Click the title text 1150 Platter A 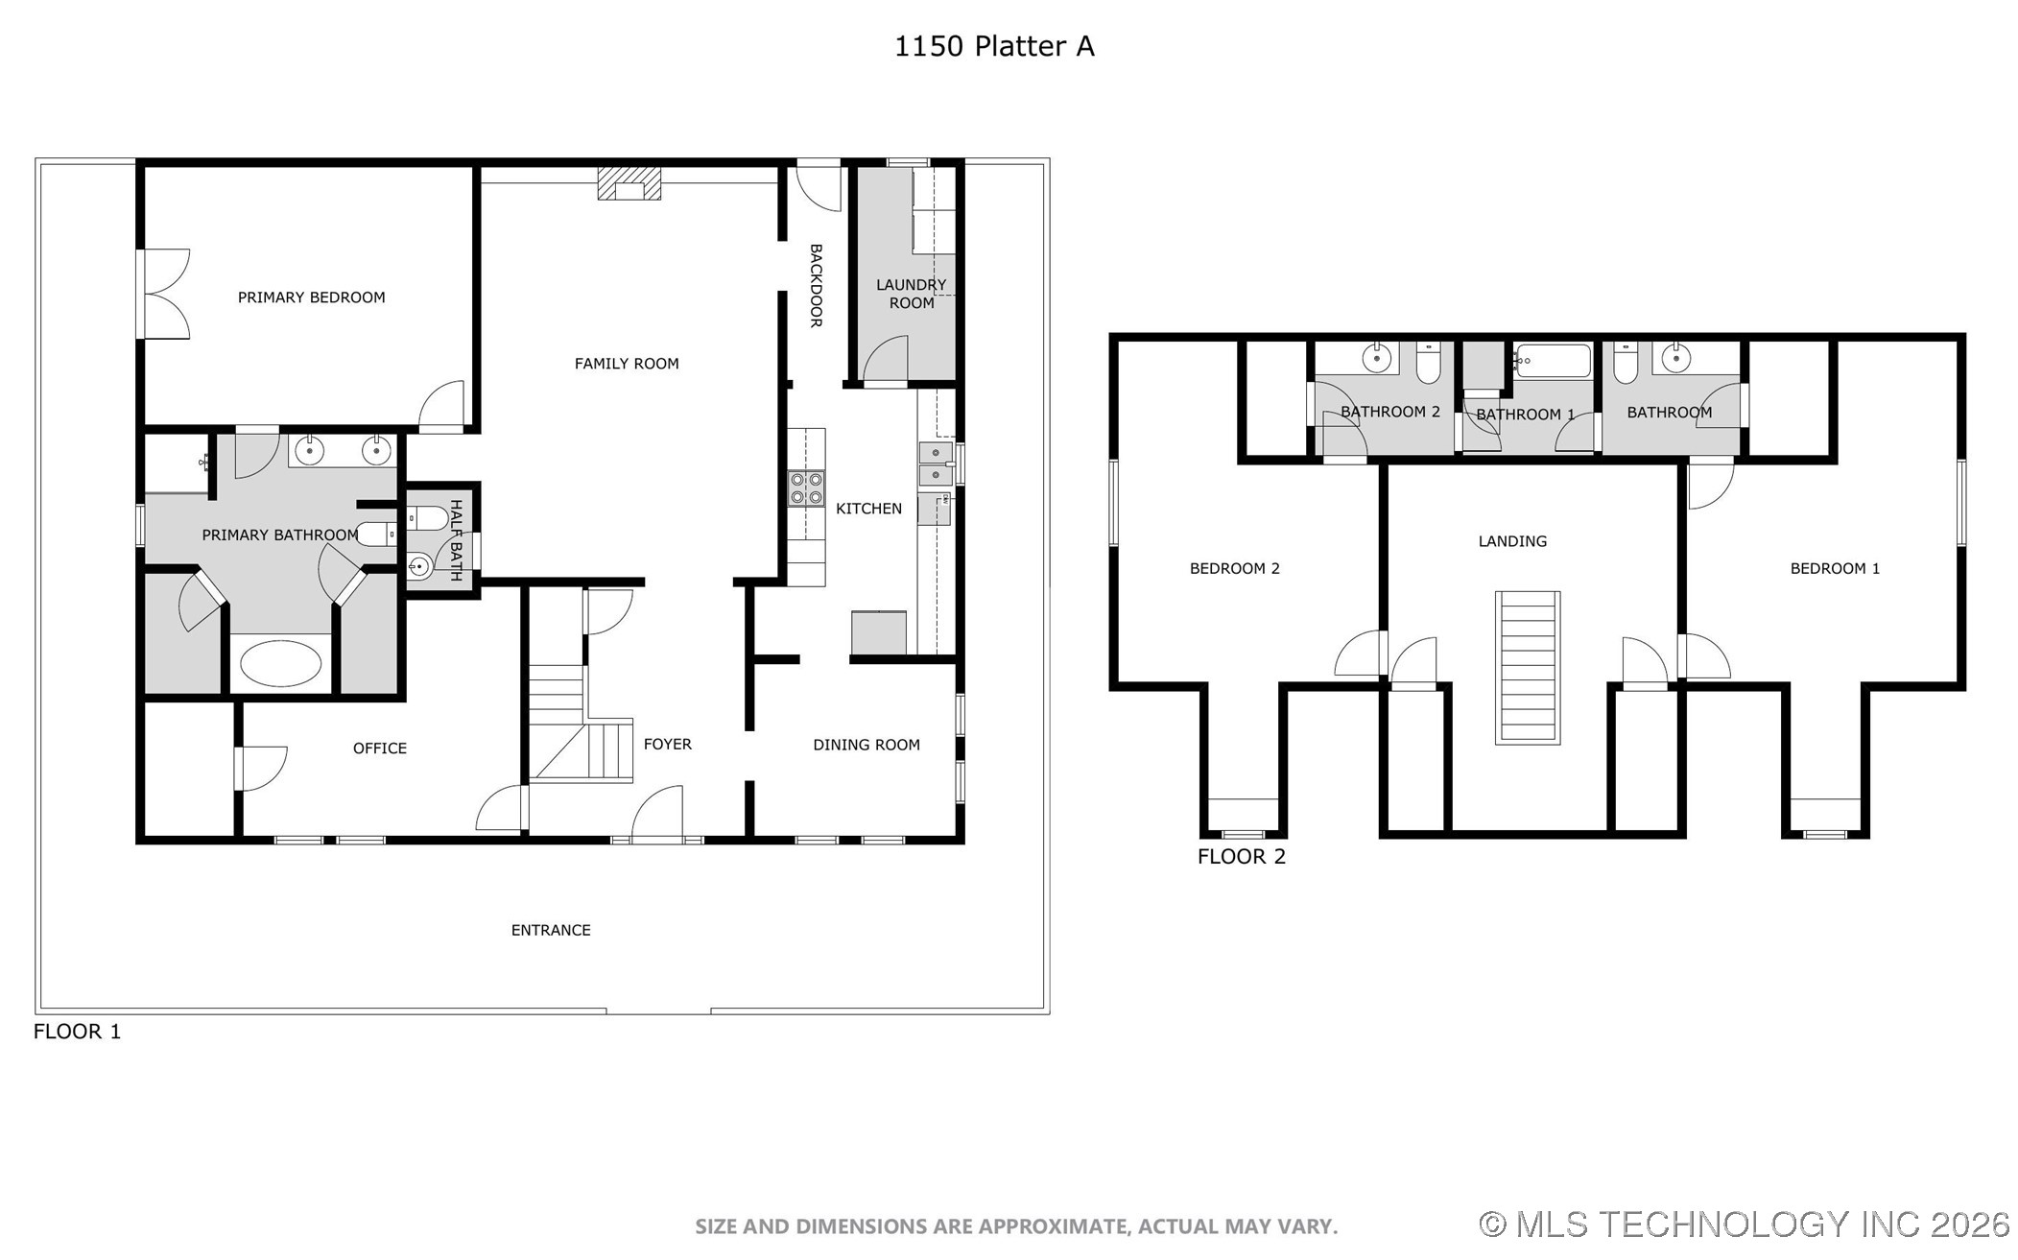[993, 46]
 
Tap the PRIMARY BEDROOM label [311, 297]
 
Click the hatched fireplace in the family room [629, 183]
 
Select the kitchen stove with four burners [805, 488]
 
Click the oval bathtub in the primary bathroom [280, 663]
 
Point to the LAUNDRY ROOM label [911, 294]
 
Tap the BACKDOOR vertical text [816, 285]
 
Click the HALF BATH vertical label [456, 539]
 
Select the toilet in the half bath [427, 519]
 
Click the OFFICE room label [379, 749]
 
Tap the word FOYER [667, 744]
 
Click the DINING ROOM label [866, 745]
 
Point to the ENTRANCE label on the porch [550, 930]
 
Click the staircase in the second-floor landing [1527, 667]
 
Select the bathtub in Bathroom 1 [1552, 362]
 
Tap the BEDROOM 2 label [1234, 568]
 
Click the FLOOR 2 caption [1241, 856]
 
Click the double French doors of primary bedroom [163, 294]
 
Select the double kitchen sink [935, 464]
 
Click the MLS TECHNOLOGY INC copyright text [1744, 1224]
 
